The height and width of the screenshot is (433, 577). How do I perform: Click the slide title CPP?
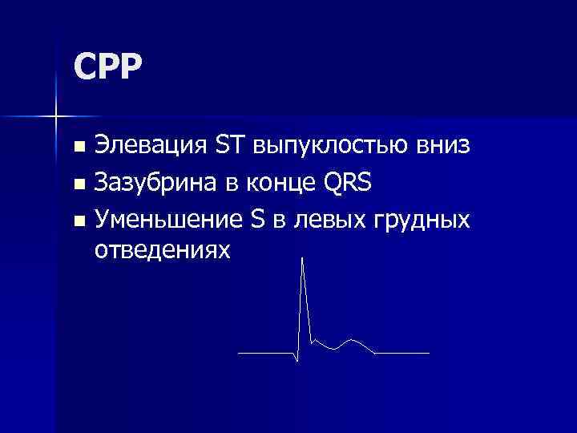[x=107, y=67]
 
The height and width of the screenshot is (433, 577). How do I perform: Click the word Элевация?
[x=150, y=147]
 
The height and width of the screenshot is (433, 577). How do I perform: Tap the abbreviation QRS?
[x=349, y=184]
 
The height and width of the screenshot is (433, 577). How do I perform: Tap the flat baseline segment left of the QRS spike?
[x=266, y=353]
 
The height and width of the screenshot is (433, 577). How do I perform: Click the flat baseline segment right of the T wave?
[x=403, y=353]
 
